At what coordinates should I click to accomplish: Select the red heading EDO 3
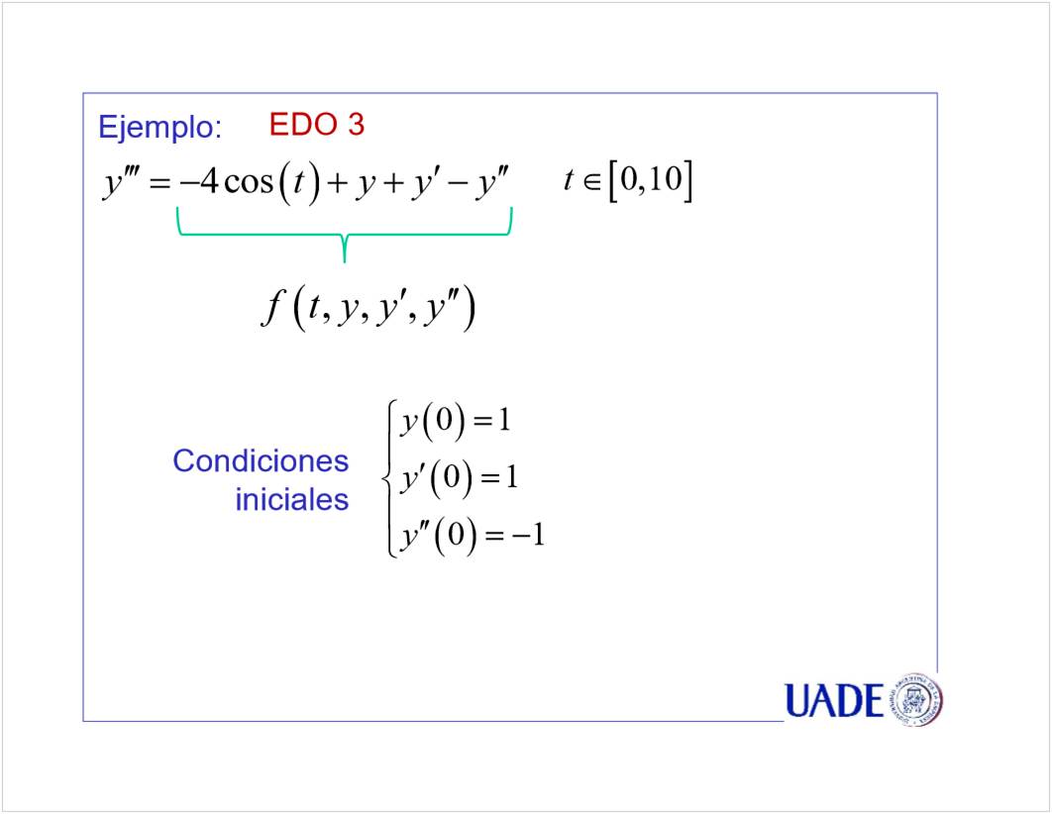317,125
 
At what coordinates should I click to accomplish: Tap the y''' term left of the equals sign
121,182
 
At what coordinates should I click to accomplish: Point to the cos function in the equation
249,183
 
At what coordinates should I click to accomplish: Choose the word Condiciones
261,461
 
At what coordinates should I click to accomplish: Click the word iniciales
292,500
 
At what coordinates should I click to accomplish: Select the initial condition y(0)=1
456,422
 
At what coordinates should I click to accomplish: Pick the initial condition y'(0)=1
459,478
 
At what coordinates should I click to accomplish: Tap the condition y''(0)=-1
473,536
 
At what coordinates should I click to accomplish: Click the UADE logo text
834,701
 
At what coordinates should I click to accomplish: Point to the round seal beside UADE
915,699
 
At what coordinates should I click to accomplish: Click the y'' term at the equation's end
493,182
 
